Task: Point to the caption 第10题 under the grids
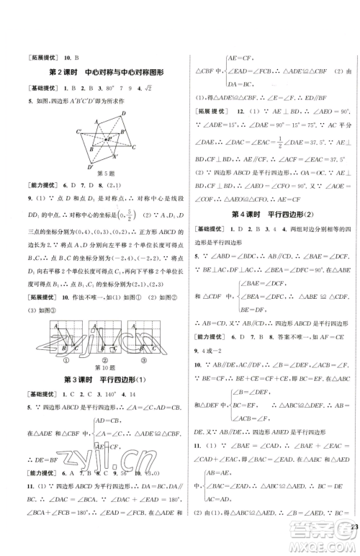coord(102,366)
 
